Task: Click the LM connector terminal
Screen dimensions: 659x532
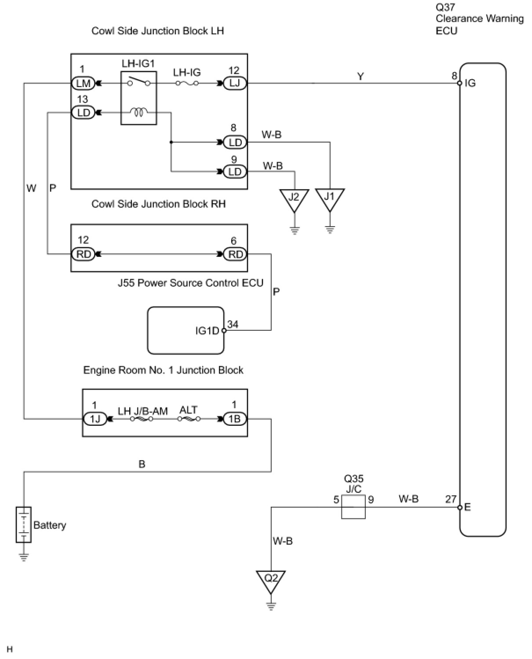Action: pyautogui.click(x=83, y=83)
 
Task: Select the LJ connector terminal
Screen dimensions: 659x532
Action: pyautogui.click(x=235, y=83)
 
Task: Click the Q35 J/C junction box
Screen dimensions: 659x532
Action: pyautogui.click(x=353, y=507)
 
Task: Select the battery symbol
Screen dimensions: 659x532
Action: pyautogui.click(x=24, y=525)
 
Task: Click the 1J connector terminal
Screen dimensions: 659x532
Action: pyautogui.click(x=95, y=419)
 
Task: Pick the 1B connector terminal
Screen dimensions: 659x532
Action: pyautogui.click(x=235, y=419)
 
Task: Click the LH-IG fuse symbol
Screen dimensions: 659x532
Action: pyautogui.click(x=187, y=83)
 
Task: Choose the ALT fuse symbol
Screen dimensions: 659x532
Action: pyautogui.click(x=189, y=419)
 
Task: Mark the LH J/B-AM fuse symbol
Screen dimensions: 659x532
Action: pyautogui.click(x=142, y=419)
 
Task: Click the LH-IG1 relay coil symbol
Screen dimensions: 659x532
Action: pyautogui.click(x=138, y=113)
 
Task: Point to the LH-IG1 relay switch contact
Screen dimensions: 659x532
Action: pyautogui.click(x=138, y=82)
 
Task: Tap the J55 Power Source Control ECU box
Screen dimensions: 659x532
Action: pyautogui.click(x=186, y=330)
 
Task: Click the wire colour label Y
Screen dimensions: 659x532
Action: pyautogui.click(x=361, y=77)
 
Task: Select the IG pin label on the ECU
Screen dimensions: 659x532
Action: pyautogui.click(x=470, y=83)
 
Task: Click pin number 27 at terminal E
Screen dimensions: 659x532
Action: pyautogui.click(x=451, y=499)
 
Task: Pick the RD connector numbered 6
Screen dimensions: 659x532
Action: pyautogui.click(x=235, y=254)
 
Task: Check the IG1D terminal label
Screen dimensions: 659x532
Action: pyautogui.click(x=207, y=331)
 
